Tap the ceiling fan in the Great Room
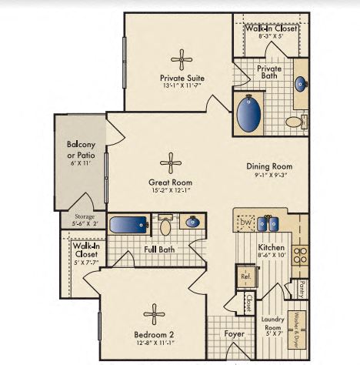[x=170, y=162]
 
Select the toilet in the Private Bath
[x=295, y=122]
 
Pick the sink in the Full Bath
[x=193, y=223]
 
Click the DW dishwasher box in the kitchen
[x=246, y=223]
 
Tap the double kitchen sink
[x=268, y=224]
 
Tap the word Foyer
[x=234, y=334]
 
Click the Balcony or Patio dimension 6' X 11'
[x=80, y=163]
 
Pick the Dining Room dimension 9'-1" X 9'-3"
[x=269, y=176]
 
